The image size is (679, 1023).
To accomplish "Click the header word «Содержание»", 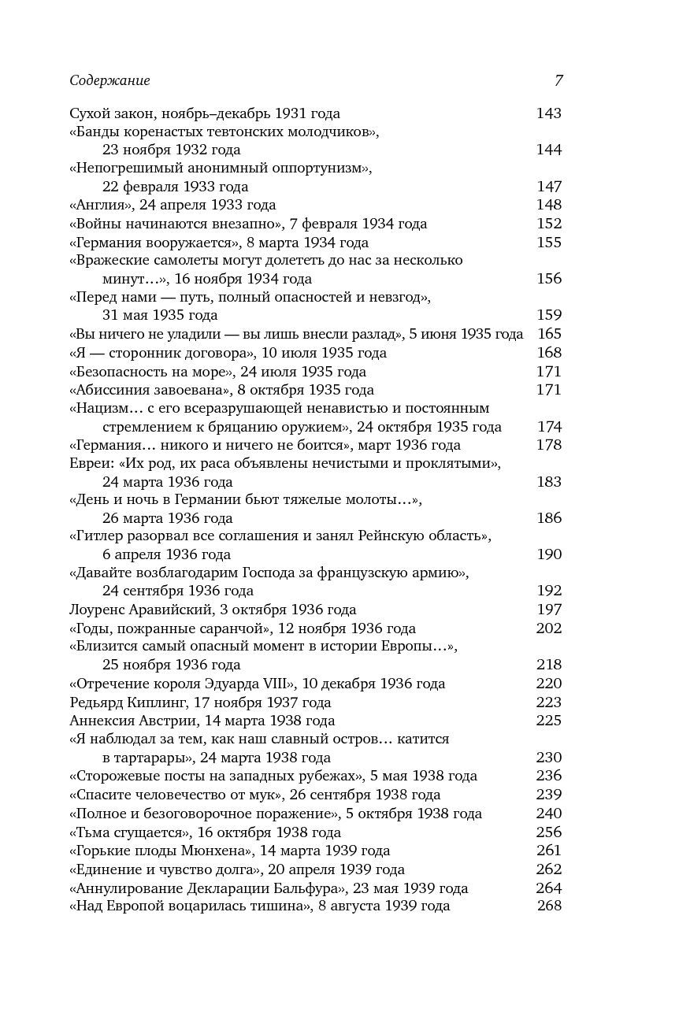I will tap(109, 80).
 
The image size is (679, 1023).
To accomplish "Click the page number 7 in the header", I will tap(558, 80).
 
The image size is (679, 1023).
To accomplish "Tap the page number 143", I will tap(548, 113).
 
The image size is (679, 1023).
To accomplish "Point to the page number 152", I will tap(548, 224).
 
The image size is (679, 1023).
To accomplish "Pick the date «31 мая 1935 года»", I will tap(160, 316).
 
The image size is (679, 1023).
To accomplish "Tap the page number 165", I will tap(548, 334).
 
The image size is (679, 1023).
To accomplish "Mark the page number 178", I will tap(548, 445).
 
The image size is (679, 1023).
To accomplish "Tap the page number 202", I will tap(548, 628).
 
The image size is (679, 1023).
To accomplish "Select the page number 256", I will tap(548, 832).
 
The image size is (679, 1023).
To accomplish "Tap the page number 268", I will tap(548, 906).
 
